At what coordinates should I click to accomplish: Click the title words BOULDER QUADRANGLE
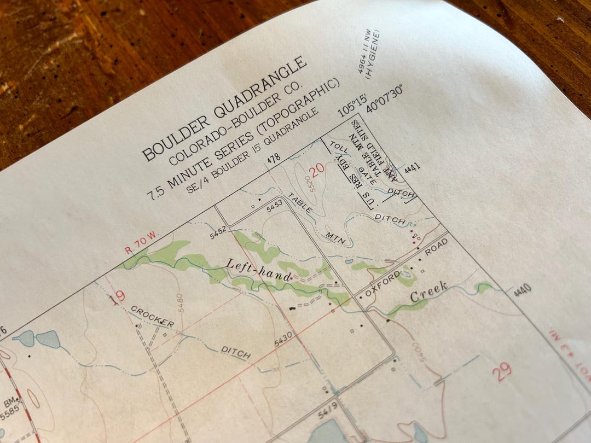click(225, 108)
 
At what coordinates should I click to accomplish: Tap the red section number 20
click(317, 168)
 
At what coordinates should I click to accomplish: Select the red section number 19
click(117, 298)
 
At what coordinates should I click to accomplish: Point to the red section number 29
click(502, 372)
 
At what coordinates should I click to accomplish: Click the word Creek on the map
click(430, 292)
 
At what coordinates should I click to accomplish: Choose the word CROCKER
click(152, 317)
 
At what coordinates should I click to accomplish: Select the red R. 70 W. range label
click(141, 243)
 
